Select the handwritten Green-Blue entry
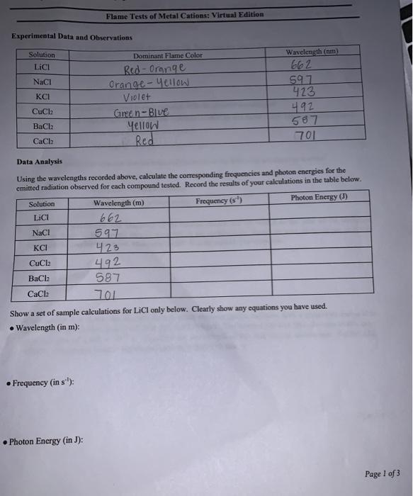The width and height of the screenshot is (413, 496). pyautogui.click(x=148, y=112)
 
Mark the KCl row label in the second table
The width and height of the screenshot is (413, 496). pyautogui.click(x=41, y=248)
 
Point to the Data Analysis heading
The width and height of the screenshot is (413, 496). pyautogui.click(x=36, y=162)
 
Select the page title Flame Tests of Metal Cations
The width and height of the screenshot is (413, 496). pyautogui.click(x=184, y=14)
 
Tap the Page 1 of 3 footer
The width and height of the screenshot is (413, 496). pyautogui.click(x=383, y=473)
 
